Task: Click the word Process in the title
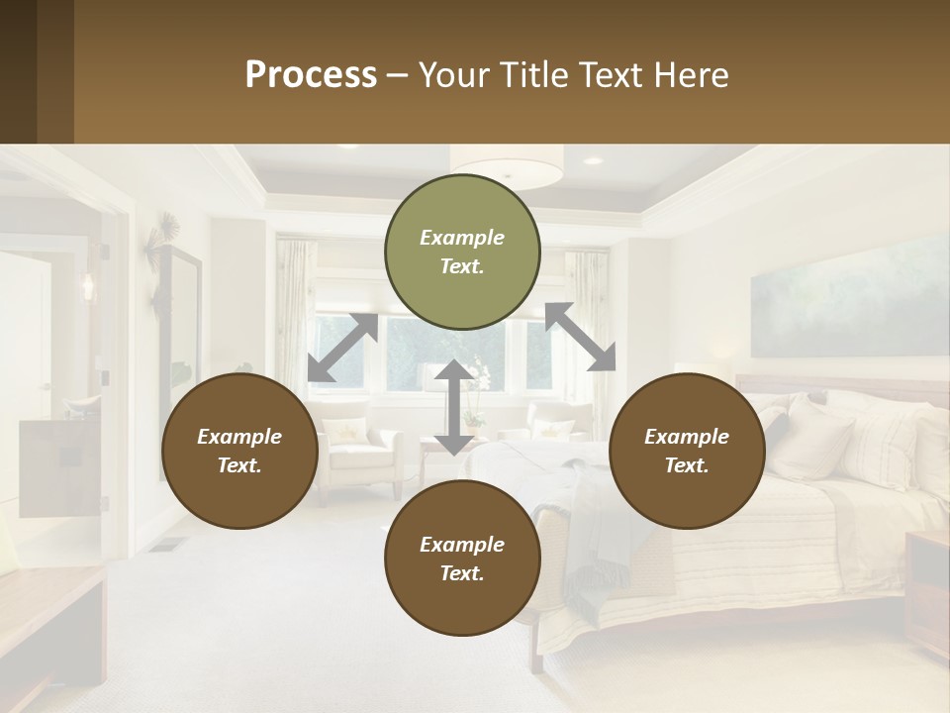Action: coord(311,75)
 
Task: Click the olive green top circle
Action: coord(462,253)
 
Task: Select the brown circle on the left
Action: coord(239,452)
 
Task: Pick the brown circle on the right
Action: coord(687,452)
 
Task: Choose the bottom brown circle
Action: coord(462,559)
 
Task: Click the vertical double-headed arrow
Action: coord(453,408)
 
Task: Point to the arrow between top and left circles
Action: coord(342,348)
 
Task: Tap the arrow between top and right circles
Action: coord(580,337)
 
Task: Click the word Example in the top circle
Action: coord(462,238)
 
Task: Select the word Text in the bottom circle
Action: coord(460,573)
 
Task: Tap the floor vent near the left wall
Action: coord(169,544)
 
